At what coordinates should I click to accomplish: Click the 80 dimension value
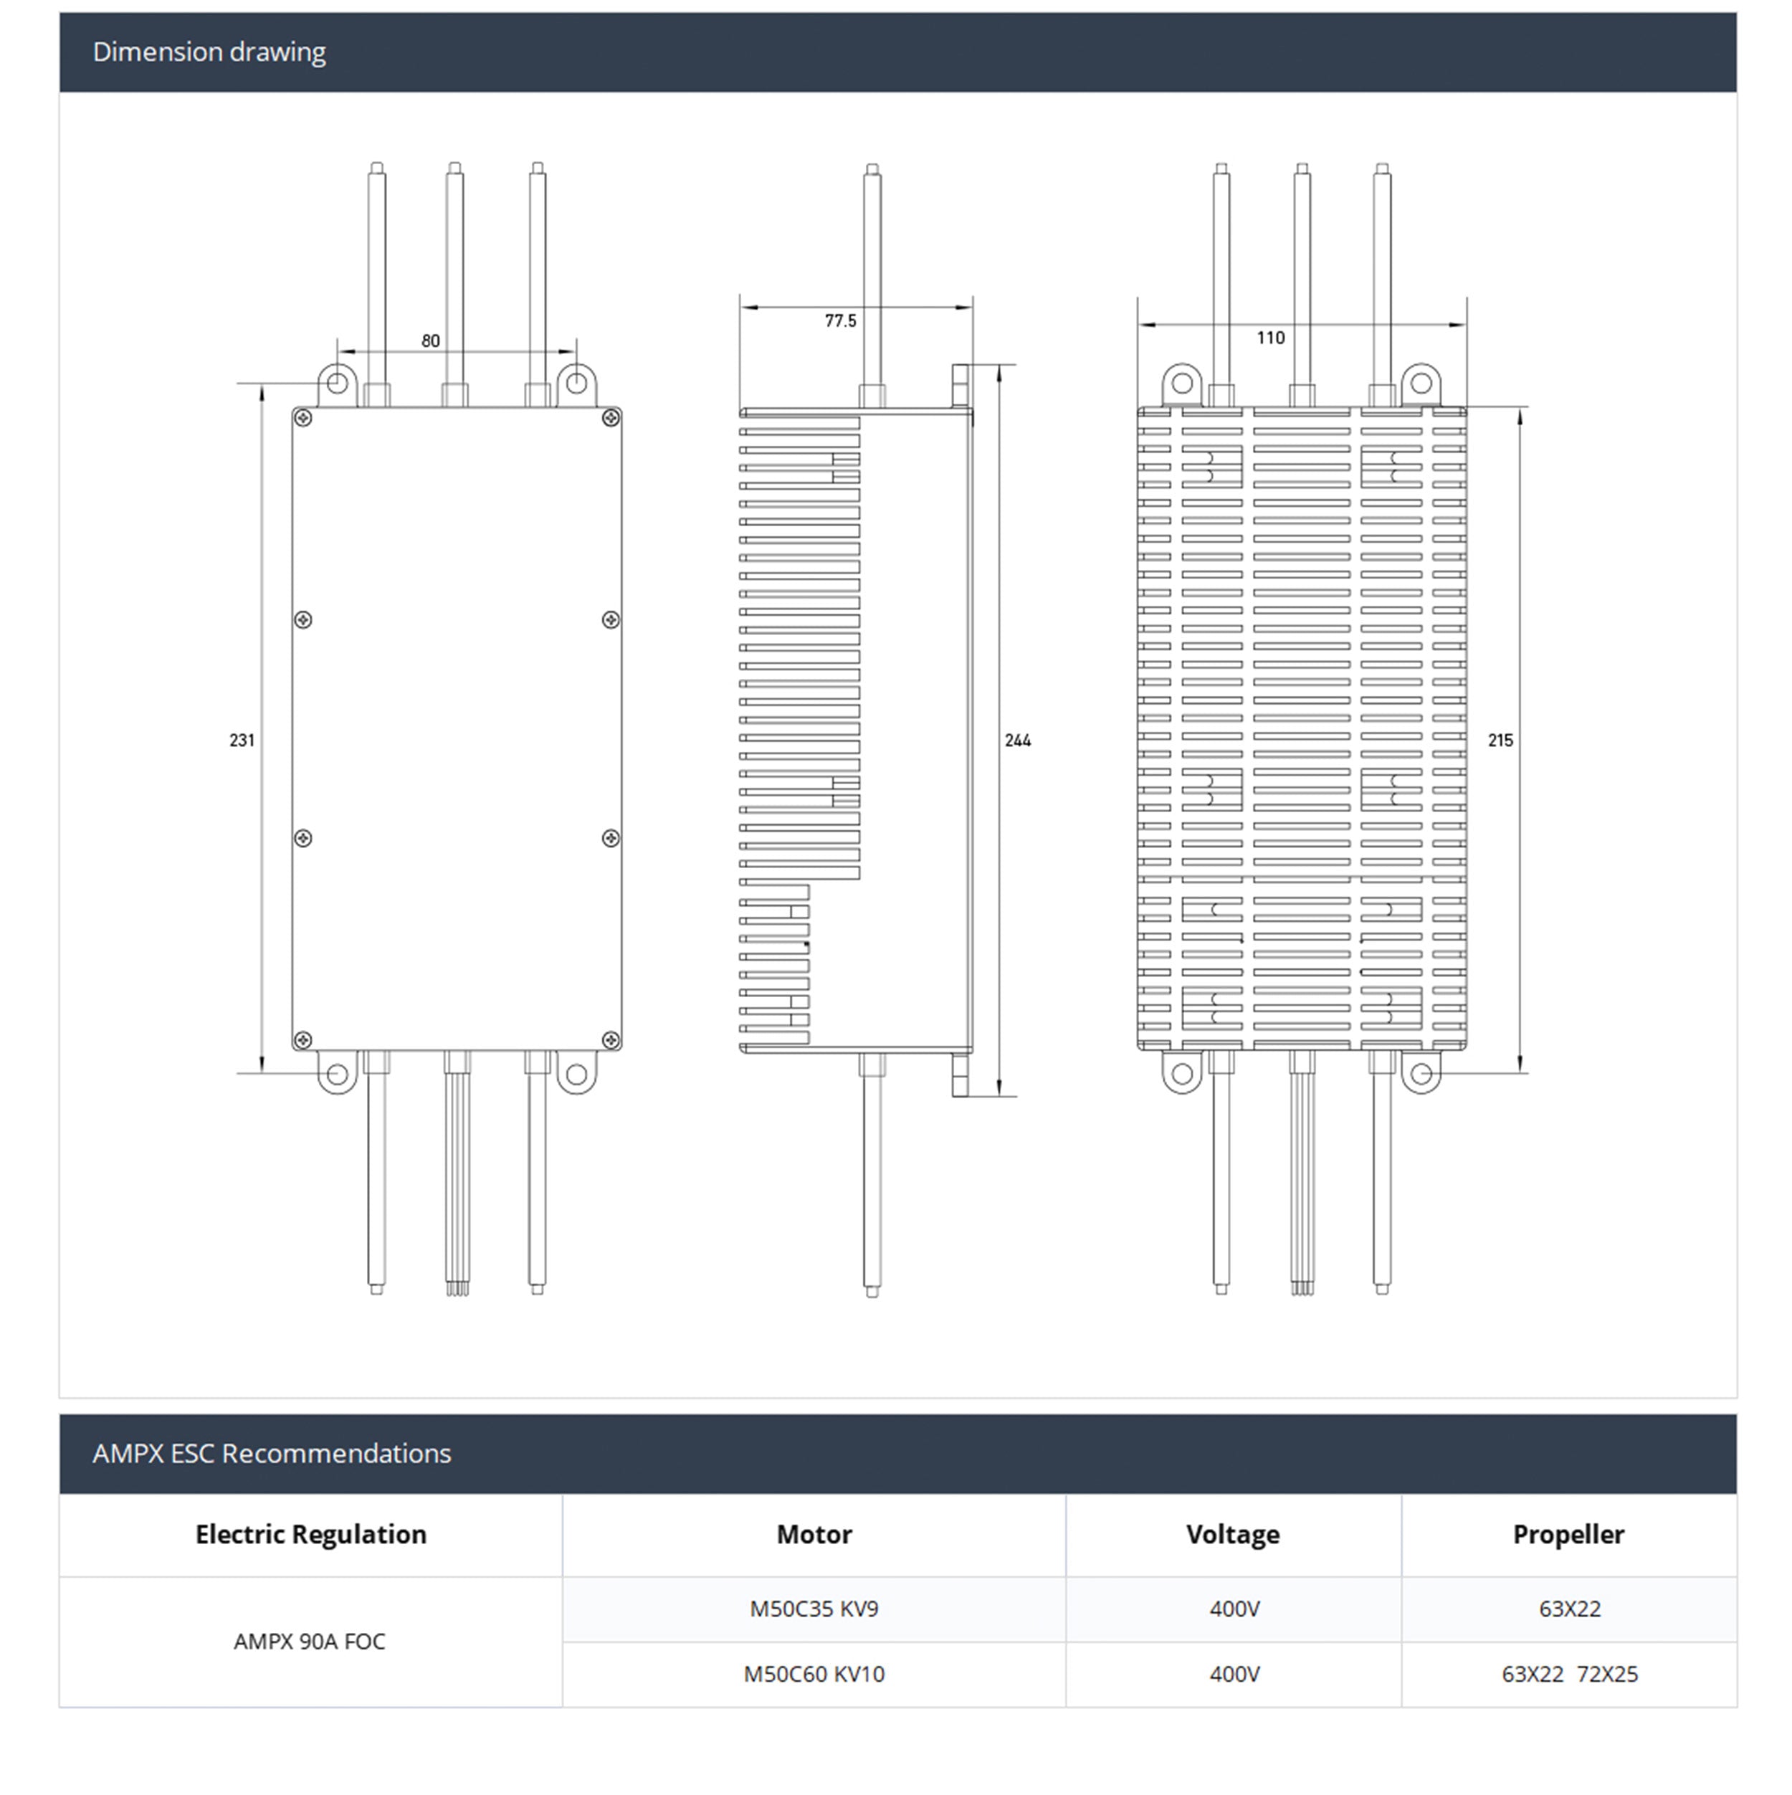coord(430,341)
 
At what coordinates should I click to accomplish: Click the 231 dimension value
coord(242,741)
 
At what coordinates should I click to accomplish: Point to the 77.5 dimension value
coord(840,320)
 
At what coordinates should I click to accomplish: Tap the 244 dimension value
coord(1017,741)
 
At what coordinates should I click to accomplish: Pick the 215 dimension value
coord(1500,741)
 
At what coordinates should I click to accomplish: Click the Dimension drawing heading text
coord(209,52)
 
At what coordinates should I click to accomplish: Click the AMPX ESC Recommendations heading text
coord(271,1453)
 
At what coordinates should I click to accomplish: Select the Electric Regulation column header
coord(310,1534)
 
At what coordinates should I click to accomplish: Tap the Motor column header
coord(814,1534)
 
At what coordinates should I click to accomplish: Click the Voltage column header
coord(1232,1534)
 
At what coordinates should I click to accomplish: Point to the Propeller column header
coord(1568,1534)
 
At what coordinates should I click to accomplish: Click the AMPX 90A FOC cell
coord(310,1641)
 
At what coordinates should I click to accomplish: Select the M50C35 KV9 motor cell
coord(814,1608)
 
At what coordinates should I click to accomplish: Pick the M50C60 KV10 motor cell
coord(814,1673)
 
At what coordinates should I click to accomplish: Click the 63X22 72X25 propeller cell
coord(1569,1673)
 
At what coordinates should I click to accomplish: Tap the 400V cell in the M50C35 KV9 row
coord(1234,1608)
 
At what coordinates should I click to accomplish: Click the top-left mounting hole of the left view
coord(337,383)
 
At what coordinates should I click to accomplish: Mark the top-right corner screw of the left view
coord(610,418)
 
